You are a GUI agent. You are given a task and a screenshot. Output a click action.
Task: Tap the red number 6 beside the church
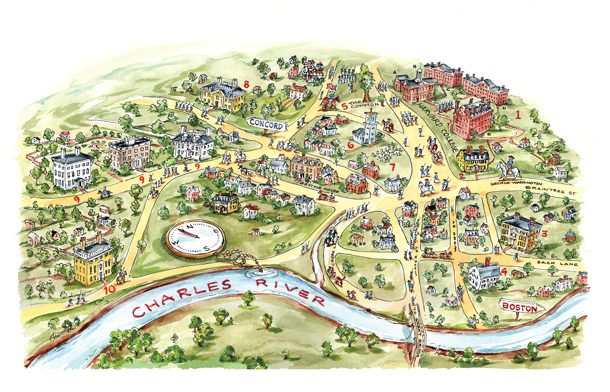pyautogui.click(x=351, y=145)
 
